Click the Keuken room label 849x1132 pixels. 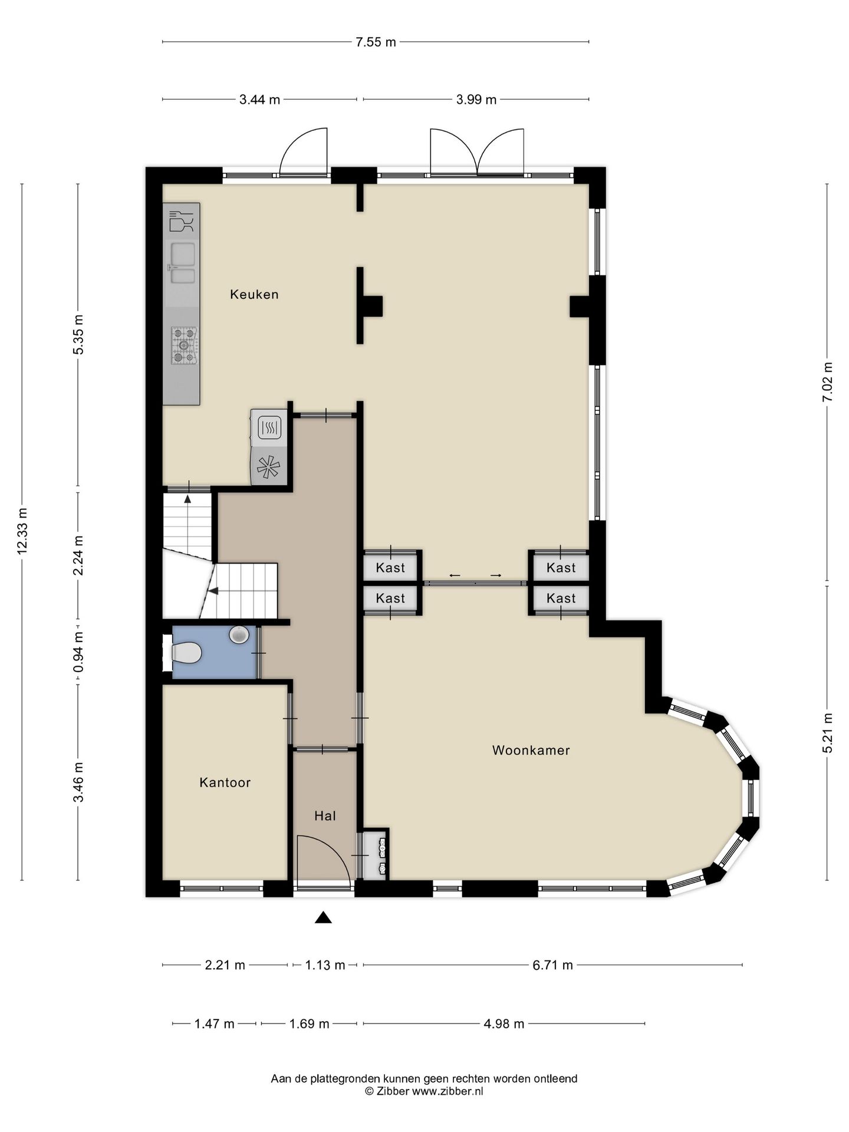pos(254,294)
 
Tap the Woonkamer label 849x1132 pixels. pos(531,751)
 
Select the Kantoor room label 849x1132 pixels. pos(225,782)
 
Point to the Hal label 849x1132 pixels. pos(325,816)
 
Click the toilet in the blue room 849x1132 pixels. pos(186,653)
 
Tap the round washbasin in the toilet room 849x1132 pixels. pos(239,634)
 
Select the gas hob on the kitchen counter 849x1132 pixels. pos(183,345)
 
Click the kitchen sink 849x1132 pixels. pos(182,264)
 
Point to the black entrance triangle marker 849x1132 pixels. pos(323,917)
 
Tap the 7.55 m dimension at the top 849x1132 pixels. pos(376,42)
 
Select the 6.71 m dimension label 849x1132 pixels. pos(552,965)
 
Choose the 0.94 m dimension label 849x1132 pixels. pos(78,652)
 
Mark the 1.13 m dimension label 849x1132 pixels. pos(325,965)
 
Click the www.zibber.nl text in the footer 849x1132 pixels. pos(447,1091)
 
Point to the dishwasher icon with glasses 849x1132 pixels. pos(182,221)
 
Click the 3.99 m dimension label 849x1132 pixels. pos(476,100)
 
